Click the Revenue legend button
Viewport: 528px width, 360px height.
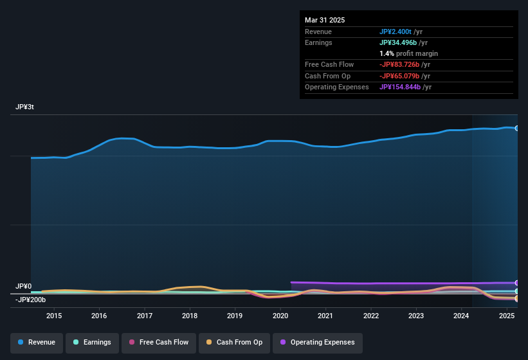coord(37,343)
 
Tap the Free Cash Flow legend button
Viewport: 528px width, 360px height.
coord(158,343)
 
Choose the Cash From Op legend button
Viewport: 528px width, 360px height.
coord(234,343)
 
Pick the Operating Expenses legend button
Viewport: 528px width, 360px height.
coord(317,343)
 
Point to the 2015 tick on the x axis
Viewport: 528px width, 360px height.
coord(54,316)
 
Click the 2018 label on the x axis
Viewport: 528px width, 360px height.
coord(190,316)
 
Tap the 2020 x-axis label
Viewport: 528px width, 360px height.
coord(280,316)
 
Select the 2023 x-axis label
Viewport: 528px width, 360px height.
coord(416,316)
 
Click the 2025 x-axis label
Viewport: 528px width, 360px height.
coord(507,316)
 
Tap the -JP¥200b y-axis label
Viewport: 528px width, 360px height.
coord(30,300)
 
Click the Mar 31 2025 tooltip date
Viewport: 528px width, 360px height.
coord(325,20)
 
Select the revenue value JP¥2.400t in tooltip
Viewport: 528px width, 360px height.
coord(398,32)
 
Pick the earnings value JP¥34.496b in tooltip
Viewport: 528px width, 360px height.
coord(403,42)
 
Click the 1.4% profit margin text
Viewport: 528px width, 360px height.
coord(409,53)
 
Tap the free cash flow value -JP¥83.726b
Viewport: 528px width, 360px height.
coord(404,65)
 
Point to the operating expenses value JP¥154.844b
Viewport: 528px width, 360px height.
coord(405,87)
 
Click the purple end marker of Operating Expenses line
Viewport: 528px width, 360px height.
coord(516,283)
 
